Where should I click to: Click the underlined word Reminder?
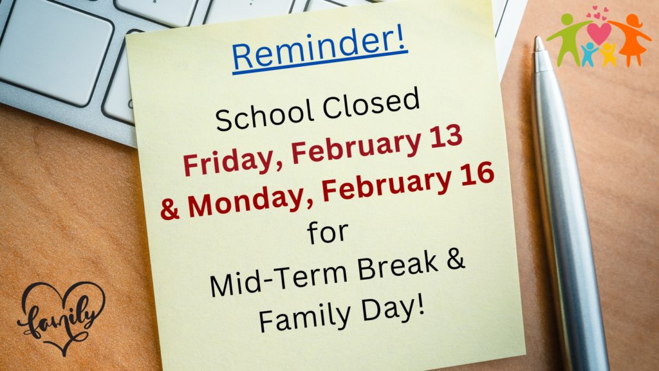[x=319, y=50]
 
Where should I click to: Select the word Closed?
[x=371, y=104]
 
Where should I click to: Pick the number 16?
[x=478, y=174]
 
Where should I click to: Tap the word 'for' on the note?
[x=328, y=232]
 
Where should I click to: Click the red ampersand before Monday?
[x=169, y=208]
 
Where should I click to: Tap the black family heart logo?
[x=61, y=318]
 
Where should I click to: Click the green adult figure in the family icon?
[x=567, y=39]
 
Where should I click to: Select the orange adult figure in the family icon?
[x=631, y=39]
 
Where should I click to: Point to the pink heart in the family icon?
[x=599, y=33]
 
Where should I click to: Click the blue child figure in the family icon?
[x=589, y=55]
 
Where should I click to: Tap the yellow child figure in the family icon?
[x=608, y=55]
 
